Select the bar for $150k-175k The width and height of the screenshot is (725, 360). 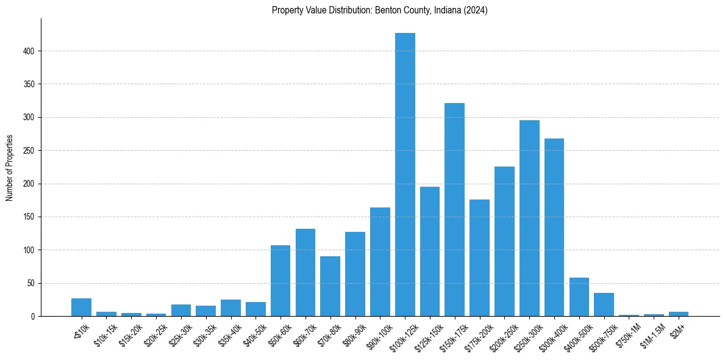(455, 210)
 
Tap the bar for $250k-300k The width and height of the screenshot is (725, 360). (529, 218)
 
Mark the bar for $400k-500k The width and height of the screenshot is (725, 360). (579, 297)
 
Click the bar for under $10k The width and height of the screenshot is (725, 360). (81, 308)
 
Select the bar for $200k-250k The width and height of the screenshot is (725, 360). (504, 242)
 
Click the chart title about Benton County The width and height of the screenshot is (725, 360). (380, 10)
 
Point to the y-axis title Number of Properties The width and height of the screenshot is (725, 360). (9, 168)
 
